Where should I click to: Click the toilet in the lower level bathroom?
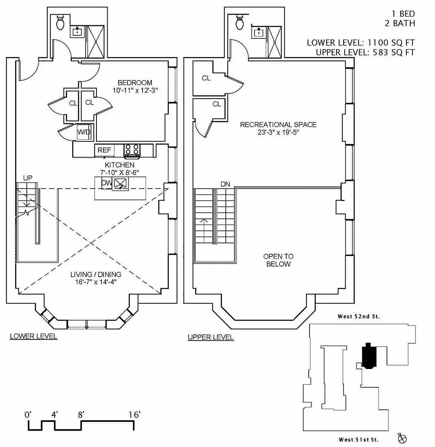pyautogui.click(x=60, y=23)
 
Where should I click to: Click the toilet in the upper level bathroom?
pyautogui.click(x=239, y=23)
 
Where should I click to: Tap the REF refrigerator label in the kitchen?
pyautogui.click(x=104, y=150)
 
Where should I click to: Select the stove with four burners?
pyautogui.click(x=132, y=150)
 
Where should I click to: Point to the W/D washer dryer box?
pyautogui.click(x=84, y=132)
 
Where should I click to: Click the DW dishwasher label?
pyautogui.click(x=106, y=183)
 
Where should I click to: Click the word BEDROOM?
pyautogui.click(x=135, y=83)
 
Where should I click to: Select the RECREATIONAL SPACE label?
pyautogui.click(x=278, y=125)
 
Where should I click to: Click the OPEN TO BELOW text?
pyautogui.click(x=278, y=260)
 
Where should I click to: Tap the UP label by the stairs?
pyautogui.click(x=28, y=178)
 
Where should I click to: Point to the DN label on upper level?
pyautogui.click(x=225, y=184)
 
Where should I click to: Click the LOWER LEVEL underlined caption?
pyautogui.click(x=33, y=336)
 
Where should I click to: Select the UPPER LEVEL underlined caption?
pyautogui.click(x=211, y=337)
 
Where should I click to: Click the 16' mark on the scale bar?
pyautogui.click(x=134, y=415)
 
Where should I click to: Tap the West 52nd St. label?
pyautogui.click(x=359, y=316)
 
